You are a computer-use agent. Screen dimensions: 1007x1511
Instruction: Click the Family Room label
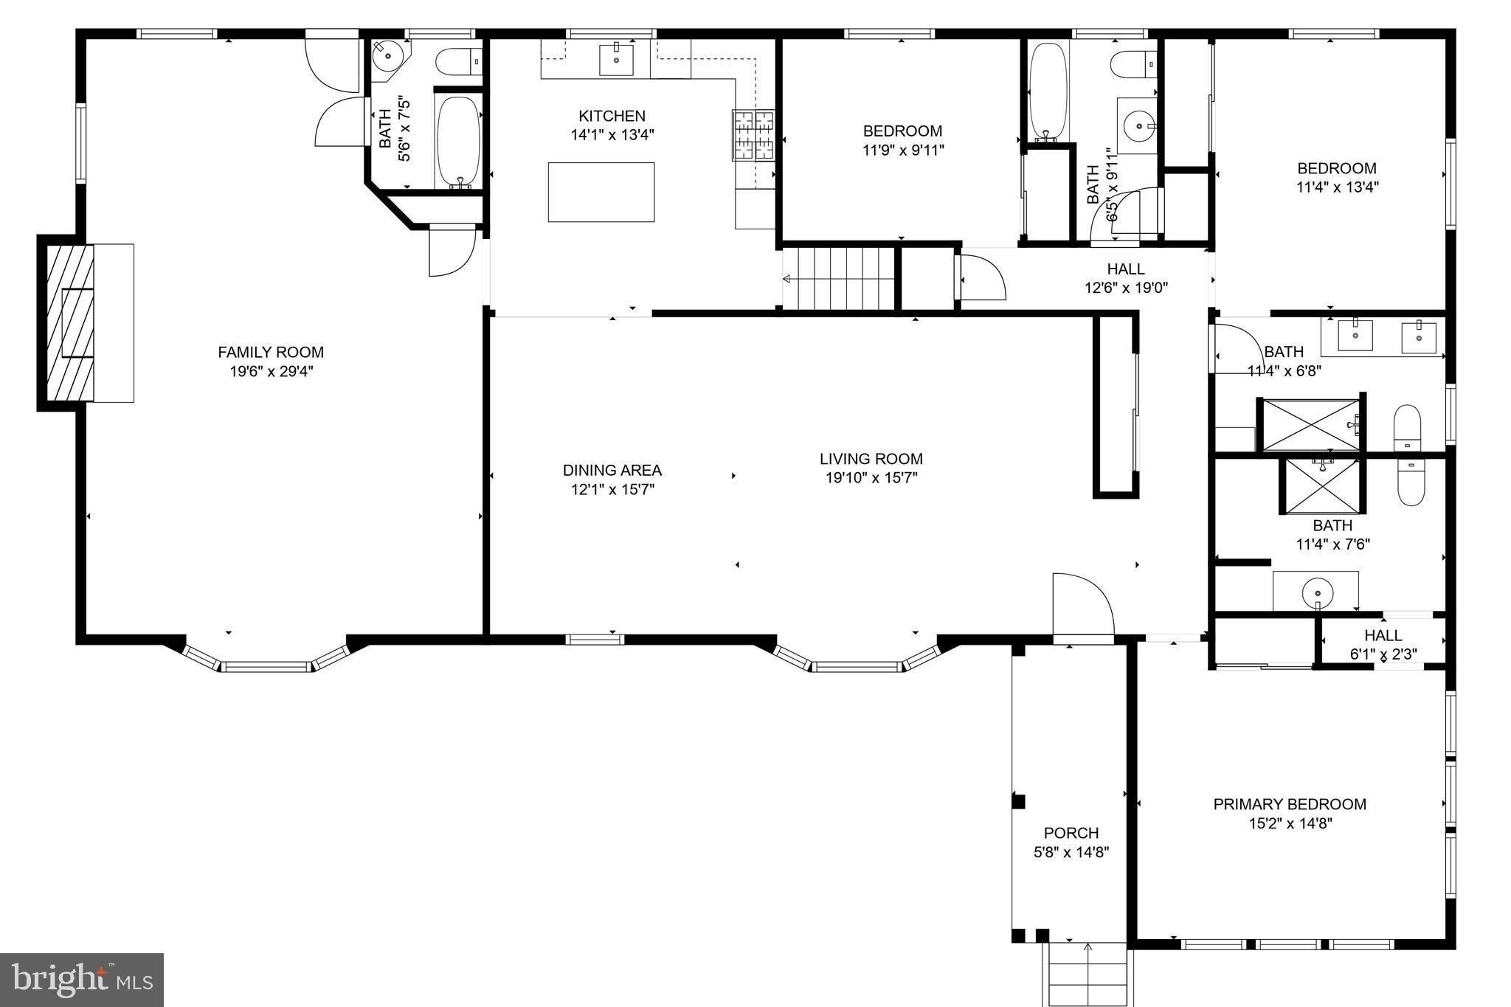(270, 353)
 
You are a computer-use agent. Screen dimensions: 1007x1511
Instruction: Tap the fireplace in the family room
(71, 323)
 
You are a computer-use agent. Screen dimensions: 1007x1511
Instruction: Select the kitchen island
(601, 192)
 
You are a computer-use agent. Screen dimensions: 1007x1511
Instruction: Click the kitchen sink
(615, 59)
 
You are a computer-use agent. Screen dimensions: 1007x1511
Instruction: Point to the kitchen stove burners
(753, 135)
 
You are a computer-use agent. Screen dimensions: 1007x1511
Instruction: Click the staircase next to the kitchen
(838, 279)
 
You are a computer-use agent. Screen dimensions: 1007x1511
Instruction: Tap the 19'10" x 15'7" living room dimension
(871, 478)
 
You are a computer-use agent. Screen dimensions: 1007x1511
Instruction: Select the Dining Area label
(612, 470)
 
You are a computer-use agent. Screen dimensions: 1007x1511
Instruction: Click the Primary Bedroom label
(1289, 804)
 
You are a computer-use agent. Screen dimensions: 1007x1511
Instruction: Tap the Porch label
(1071, 833)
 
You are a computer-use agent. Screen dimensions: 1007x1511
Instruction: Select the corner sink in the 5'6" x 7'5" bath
(387, 56)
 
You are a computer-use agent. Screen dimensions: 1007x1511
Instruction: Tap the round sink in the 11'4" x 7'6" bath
(1317, 592)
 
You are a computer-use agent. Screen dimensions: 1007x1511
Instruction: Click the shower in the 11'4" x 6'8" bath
(1311, 425)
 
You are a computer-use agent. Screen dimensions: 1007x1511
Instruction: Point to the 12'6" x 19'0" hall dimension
(1125, 288)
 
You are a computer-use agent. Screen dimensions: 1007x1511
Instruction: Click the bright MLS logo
(82, 979)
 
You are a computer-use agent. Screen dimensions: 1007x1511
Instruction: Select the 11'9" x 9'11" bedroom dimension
(902, 150)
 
